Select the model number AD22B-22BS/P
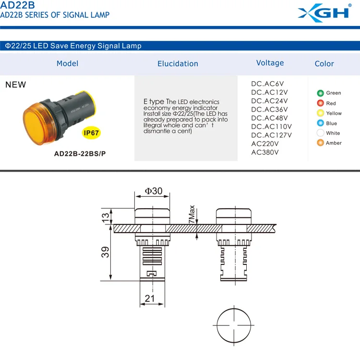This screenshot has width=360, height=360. tap(77, 155)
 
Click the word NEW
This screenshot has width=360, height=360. tap(15, 85)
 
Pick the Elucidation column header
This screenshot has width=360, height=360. tap(178, 63)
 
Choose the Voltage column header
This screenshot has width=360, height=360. tap(270, 63)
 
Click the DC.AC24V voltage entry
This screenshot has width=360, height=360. tap(269, 101)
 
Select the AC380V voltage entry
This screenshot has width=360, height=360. tap(265, 152)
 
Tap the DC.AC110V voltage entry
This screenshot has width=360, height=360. tap(271, 126)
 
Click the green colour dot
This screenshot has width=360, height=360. tap(320, 93)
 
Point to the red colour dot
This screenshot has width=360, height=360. tap(320, 103)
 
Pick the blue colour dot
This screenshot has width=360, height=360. tap(320, 123)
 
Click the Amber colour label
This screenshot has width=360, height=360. tap(334, 143)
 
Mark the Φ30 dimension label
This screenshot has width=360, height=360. tap(154, 191)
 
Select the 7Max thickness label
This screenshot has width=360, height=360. tap(192, 214)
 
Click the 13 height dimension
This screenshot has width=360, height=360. tap(106, 217)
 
